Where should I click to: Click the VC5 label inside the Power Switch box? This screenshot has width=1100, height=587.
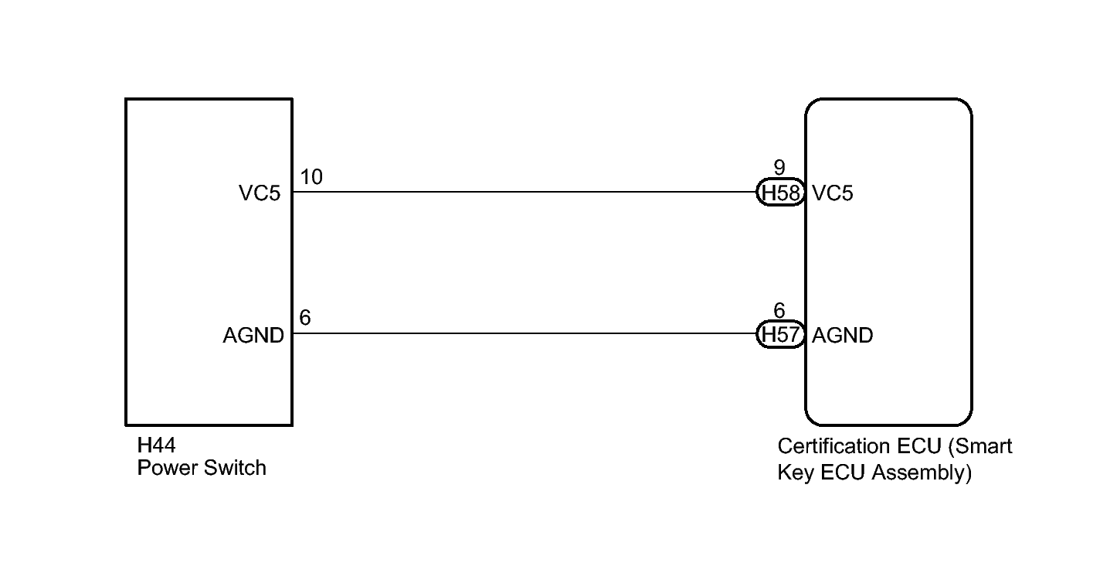[260, 193]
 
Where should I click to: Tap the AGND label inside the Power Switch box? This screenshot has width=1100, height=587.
[253, 336]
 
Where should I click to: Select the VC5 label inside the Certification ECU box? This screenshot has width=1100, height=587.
[833, 193]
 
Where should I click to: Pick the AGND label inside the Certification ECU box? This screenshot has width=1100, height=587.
[843, 336]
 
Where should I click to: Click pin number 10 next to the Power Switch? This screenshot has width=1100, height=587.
[311, 177]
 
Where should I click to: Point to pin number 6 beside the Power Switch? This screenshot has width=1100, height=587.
[305, 318]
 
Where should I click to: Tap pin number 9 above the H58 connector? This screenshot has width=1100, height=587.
[779, 168]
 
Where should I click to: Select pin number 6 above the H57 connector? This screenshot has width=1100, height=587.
[779, 310]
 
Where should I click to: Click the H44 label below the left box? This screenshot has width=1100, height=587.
[156, 445]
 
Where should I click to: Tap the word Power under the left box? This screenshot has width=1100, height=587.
[167, 468]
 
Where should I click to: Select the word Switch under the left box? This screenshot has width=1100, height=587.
[235, 468]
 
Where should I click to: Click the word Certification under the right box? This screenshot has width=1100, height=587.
[834, 446]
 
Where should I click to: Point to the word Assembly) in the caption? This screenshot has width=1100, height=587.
[922, 473]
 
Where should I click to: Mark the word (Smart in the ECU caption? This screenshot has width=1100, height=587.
[980, 446]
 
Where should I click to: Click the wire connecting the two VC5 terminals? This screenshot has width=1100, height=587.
[524, 192]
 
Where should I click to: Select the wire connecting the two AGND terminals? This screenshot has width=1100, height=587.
[524, 333]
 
